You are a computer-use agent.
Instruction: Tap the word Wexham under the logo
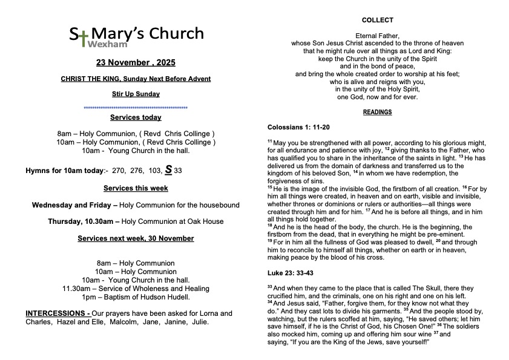pyautogui.click(x=105, y=45)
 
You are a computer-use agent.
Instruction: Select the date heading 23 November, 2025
pyautogui.click(x=136, y=63)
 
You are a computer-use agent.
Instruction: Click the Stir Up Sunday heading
pyautogui.click(x=136, y=94)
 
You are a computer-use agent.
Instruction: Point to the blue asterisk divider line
pyautogui.click(x=136, y=108)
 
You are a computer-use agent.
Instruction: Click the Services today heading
pyautogui.click(x=136, y=117)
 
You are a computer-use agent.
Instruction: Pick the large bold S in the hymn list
pyautogui.click(x=168, y=169)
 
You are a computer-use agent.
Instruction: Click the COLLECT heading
pyautogui.click(x=377, y=20)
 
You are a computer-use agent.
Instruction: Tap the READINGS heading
pyautogui.click(x=377, y=112)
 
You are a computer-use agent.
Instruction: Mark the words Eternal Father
pyautogui.click(x=377, y=36)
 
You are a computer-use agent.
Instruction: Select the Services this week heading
pyautogui.click(x=136, y=188)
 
